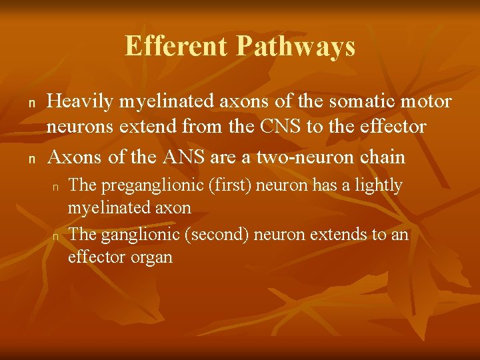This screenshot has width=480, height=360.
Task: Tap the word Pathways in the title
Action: click(x=295, y=47)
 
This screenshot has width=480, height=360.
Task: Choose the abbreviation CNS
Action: click(x=273, y=127)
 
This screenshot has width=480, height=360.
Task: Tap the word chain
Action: click(x=381, y=157)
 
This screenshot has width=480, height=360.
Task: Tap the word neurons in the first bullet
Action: click(x=74, y=127)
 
